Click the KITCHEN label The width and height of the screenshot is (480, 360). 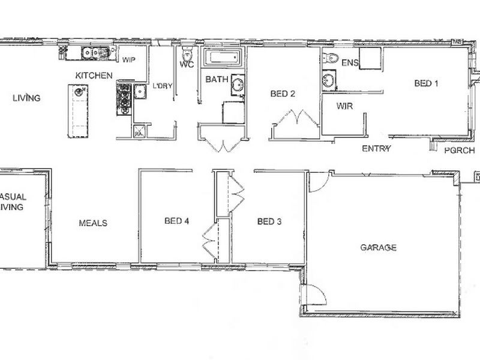(x=94, y=76)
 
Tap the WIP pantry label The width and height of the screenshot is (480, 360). (x=130, y=61)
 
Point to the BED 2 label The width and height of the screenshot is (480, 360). (x=283, y=93)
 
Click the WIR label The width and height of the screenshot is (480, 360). (x=344, y=106)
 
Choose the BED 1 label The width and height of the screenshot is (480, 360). (x=427, y=84)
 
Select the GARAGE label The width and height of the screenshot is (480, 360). (x=379, y=247)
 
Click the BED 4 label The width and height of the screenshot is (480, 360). (x=176, y=221)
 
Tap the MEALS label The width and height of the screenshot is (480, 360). (x=93, y=223)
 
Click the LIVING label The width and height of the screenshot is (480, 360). (x=26, y=98)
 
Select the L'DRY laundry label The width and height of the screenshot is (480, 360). (x=163, y=86)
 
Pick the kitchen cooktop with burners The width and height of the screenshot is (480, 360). (x=124, y=98)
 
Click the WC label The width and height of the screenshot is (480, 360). (x=187, y=64)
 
